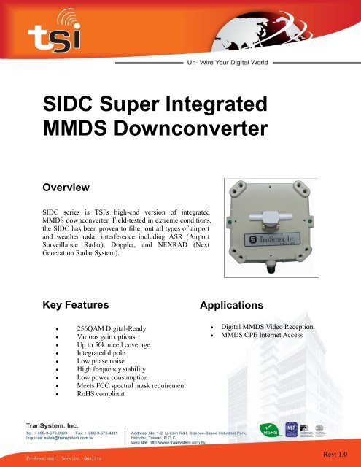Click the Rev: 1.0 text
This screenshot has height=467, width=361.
(x=338, y=455)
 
